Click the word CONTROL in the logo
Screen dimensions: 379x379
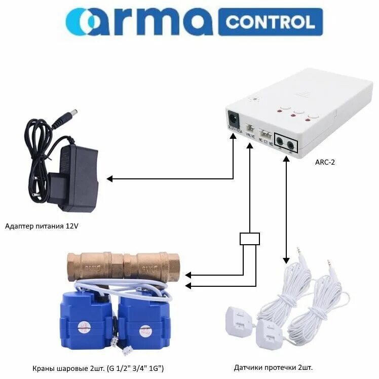pyautogui.click(x=270, y=22)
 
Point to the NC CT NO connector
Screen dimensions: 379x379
pyautogui.click(x=266, y=131)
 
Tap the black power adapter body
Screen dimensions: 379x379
pyautogui.click(x=77, y=179)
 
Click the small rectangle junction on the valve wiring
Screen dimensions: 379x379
pyautogui.click(x=250, y=239)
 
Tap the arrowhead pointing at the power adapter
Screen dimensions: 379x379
pyautogui.click(x=109, y=178)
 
